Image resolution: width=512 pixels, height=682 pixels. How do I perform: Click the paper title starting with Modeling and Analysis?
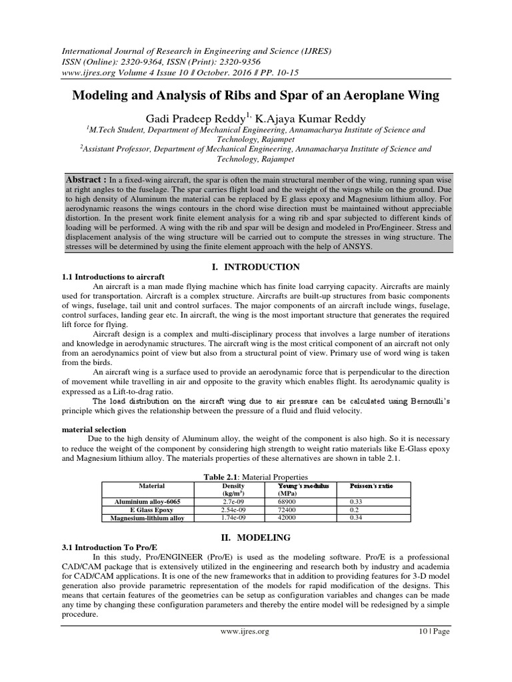tap(256, 95)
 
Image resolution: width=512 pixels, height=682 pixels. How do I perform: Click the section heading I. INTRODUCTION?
tap(255, 267)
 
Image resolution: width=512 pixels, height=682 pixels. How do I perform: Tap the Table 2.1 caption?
tap(256, 476)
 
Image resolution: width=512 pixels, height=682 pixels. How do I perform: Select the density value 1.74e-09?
tap(233, 517)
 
